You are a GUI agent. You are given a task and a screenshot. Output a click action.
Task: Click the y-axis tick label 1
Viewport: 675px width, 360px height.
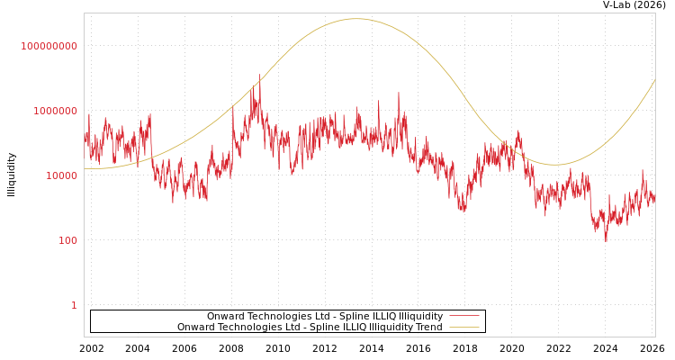pos(74,305)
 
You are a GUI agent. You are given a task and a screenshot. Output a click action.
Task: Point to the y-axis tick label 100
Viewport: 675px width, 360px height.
pos(68,240)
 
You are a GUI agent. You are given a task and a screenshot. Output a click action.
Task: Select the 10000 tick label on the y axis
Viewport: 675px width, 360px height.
pos(62,175)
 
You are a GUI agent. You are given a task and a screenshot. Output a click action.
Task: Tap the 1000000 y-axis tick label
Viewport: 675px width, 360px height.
pos(56,111)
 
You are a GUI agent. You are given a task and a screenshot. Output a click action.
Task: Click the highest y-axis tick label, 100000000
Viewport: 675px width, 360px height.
pos(49,46)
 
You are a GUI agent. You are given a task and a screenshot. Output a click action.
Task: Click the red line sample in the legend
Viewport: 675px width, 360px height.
pos(463,316)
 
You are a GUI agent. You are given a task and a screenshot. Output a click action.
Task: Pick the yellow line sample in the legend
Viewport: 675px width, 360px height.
pos(463,328)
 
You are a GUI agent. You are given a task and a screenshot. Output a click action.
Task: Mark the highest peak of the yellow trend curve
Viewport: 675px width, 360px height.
pos(356,19)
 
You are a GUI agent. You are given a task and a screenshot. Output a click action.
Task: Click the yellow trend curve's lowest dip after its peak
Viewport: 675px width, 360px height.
pos(556,165)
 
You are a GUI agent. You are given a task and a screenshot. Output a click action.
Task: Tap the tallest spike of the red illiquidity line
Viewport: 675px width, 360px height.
pos(260,76)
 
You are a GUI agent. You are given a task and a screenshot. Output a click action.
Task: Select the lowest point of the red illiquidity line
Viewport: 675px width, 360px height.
pos(606,241)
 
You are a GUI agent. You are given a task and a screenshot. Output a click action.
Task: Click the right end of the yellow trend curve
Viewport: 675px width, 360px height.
pos(654,80)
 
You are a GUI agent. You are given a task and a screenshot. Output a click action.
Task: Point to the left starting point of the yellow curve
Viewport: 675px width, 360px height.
pos(85,168)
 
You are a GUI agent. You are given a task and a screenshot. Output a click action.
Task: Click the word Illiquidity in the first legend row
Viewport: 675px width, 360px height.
pos(420,316)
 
